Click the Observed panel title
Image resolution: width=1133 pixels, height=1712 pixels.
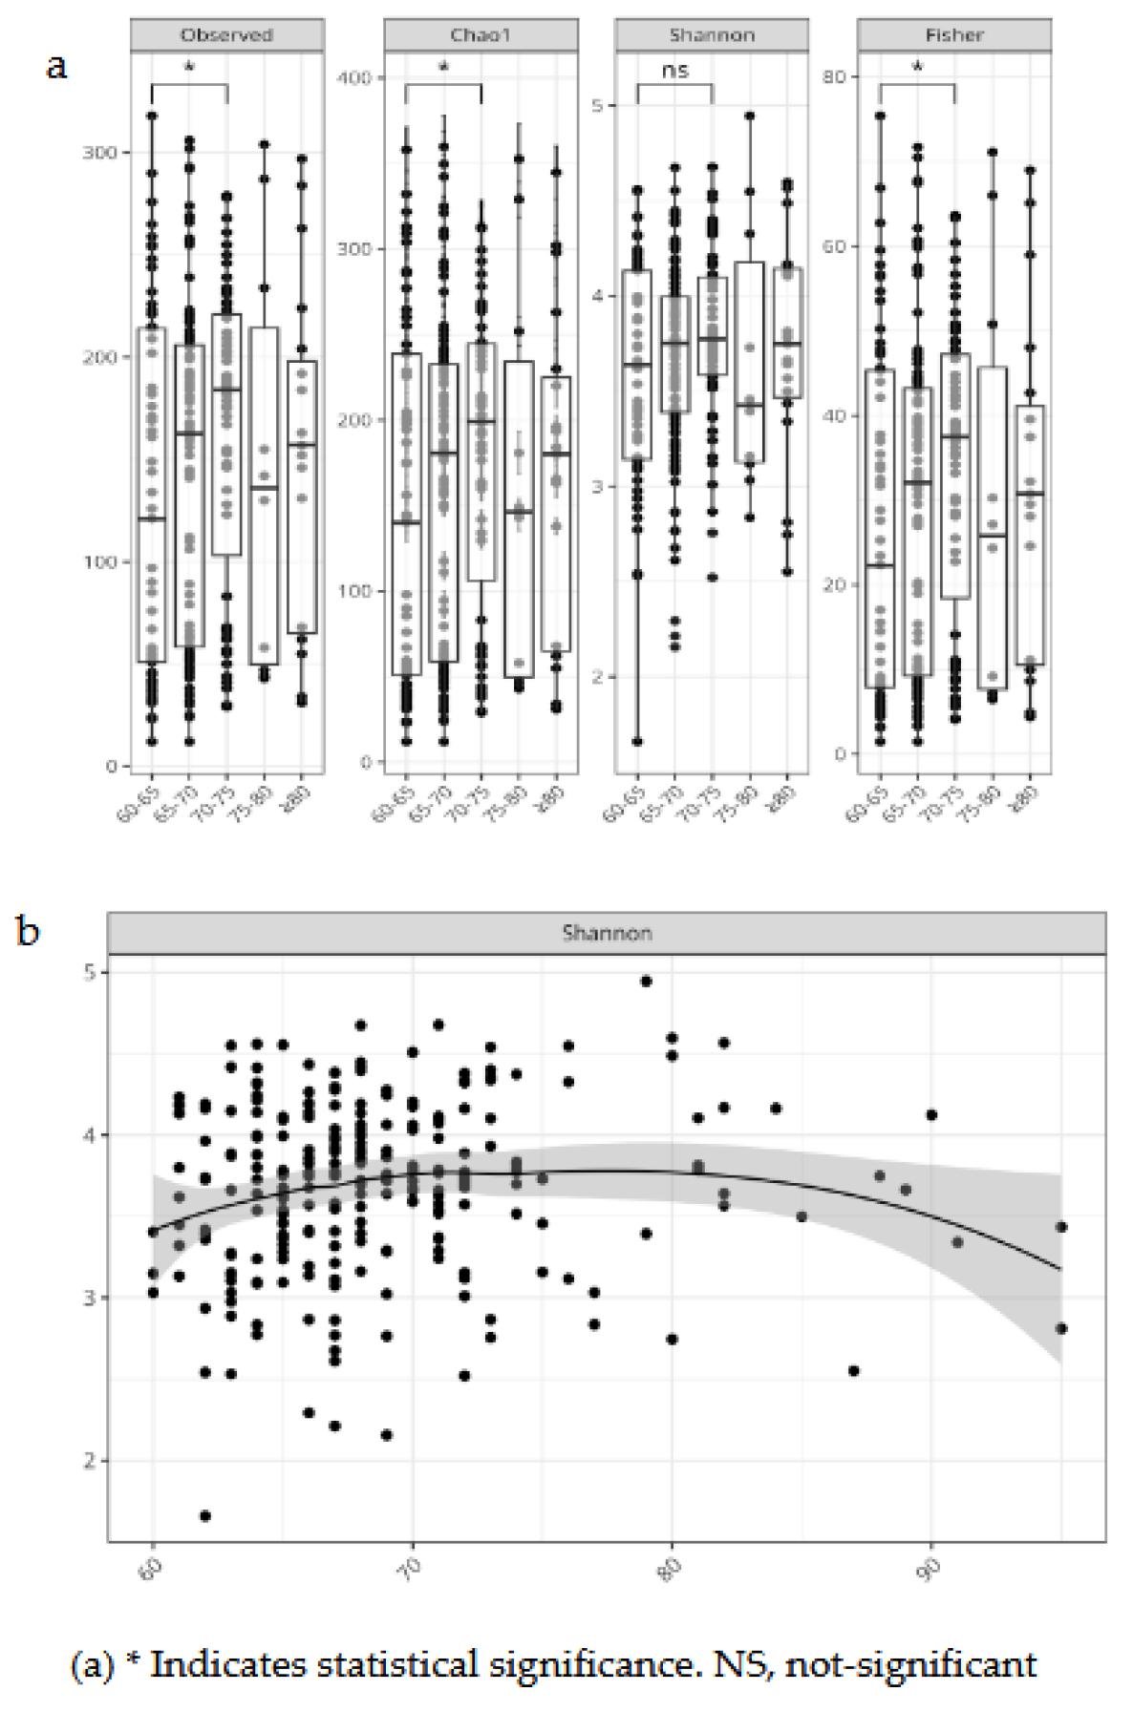[x=226, y=35]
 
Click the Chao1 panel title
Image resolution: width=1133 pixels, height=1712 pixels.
[x=481, y=35]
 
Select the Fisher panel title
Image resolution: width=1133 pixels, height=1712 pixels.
[x=953, y=35]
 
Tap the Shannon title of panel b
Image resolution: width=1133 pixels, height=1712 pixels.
[x=607, y=933]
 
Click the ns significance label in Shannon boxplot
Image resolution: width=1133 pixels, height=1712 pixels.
[x=674, y=71]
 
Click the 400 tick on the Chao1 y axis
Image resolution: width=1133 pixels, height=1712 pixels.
[x=354, y=77]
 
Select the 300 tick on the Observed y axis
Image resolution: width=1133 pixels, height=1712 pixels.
[x=99, y=153]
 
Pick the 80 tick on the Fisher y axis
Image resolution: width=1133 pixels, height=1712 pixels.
[x=834, y=76]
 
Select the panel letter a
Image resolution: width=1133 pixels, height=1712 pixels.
[x=57, y=67]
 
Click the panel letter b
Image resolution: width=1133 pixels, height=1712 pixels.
[x=28, y=930]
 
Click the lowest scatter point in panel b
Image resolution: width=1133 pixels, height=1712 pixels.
[x=204, y=1515]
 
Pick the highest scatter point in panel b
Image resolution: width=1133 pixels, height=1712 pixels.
[x=646, y=981]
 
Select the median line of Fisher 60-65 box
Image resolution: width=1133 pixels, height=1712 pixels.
[x=879, y=565]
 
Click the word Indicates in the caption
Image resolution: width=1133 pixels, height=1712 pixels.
[x=229, y=1664]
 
